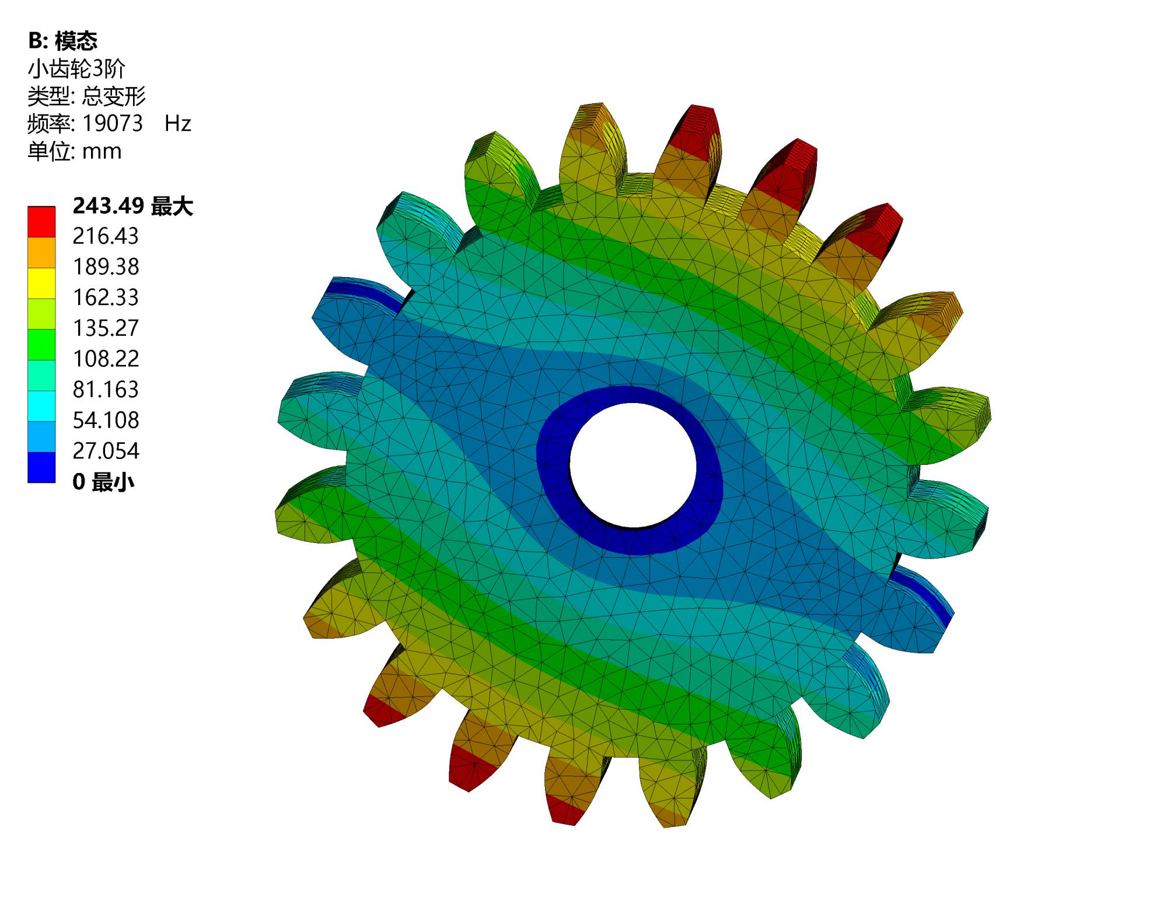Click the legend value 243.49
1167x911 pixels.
coord(108,206)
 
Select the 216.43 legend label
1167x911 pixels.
coord(106,236)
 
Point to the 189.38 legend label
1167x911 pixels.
coord(106,267)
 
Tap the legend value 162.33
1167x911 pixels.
coord(106,297)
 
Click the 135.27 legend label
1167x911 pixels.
coord(106,328)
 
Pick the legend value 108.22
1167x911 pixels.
coord(106,359)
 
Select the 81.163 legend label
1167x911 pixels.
coord(106,390)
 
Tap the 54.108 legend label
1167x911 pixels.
coord(106,421)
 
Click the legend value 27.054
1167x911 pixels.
coord(106,451)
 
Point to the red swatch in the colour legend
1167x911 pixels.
coord(41,222)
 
